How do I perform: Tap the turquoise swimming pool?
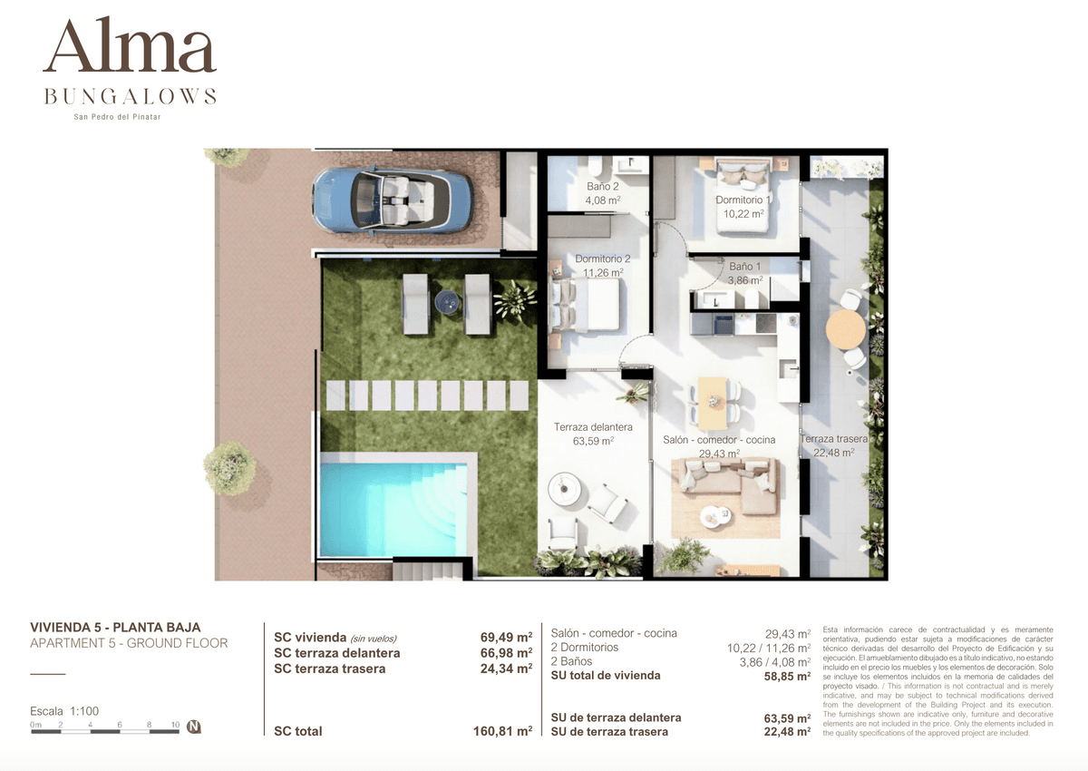tap(393, 509)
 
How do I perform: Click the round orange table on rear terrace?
tap(846, 329)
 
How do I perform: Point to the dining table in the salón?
tap(713, 403)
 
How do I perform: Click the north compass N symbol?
tap(194, 727)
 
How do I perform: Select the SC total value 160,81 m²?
tap(502, 731)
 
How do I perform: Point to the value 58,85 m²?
tap(787, 676)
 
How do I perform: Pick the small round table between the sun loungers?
tap(447, 302)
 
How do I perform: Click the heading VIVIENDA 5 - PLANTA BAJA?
tap(115, 627)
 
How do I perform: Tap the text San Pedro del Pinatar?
tap(117, 117)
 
